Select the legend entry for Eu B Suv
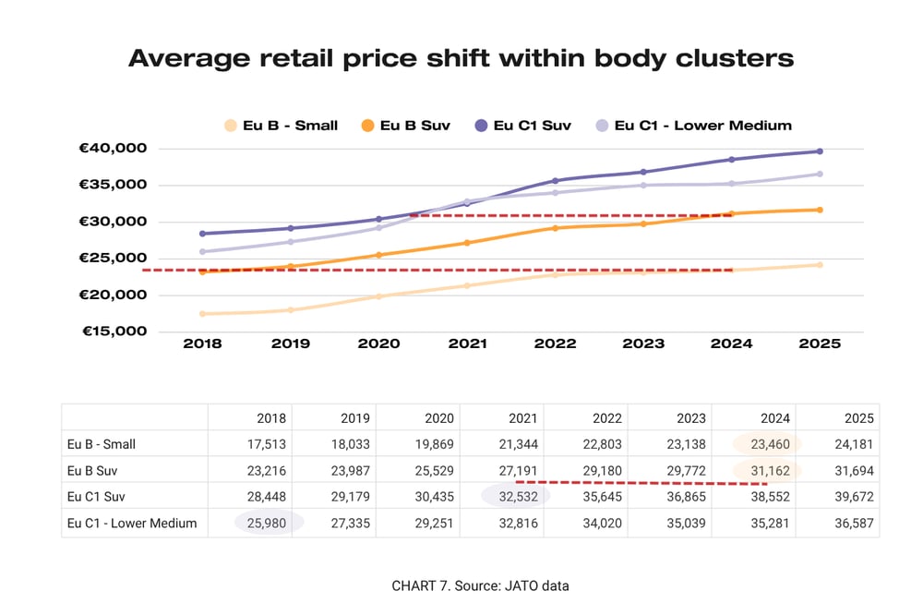[406, 126]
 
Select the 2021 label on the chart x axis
[467, 344]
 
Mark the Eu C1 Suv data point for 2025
[820, 151]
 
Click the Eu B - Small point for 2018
[202, 314]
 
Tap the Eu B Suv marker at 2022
[555, 228]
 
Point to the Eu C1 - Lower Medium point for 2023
[643, 186]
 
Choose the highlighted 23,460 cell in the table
[767, 444]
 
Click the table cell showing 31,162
[767, 470]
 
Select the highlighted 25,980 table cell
[269, 523]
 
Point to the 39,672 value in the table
[854, 497]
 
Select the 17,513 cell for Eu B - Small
[269, 444]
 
